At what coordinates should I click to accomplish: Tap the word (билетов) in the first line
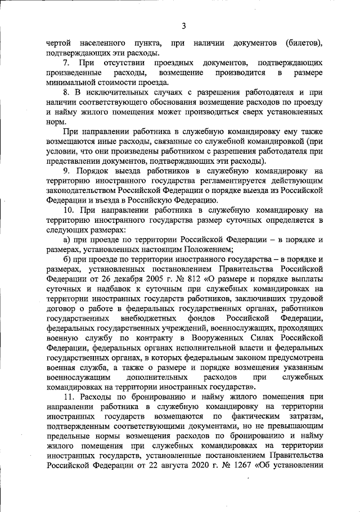pos(304,43)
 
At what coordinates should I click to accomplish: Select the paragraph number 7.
pos(66,63)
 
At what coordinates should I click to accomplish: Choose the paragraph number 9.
pos(66,171)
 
